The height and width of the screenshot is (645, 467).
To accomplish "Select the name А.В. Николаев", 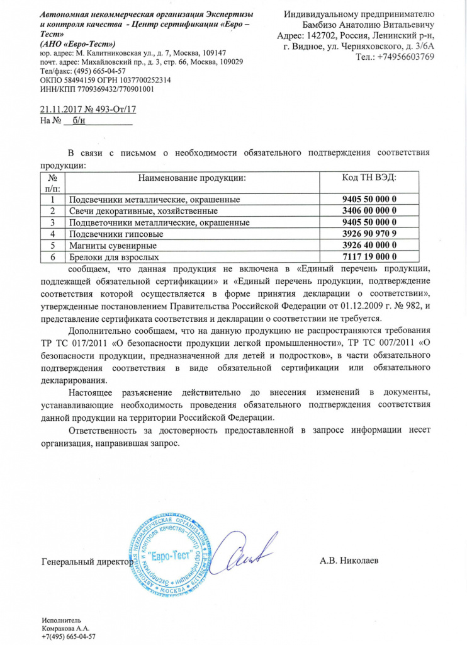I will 349,560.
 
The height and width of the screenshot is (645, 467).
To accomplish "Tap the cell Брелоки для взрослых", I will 113,257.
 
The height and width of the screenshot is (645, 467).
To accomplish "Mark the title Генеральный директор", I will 87,560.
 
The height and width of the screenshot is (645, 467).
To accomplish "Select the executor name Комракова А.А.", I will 65,629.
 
